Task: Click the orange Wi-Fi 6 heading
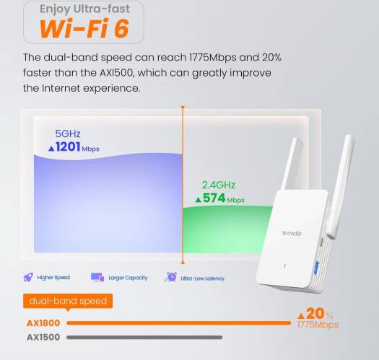coord(84,29)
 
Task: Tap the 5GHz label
coord(68,133)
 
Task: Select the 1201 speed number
coord(68,146)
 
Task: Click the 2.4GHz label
coord(219,185)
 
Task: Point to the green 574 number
coord(214,198)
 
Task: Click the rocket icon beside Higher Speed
coord(28,277)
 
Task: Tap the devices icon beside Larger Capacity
coord(97,277)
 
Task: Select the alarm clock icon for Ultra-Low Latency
coord(171,277)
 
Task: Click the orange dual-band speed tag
coord(68,301)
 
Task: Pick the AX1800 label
coord(43,323)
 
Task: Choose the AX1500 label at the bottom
coord(43,338)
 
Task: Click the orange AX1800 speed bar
coord(179,323)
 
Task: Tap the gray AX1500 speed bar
coord(144,338)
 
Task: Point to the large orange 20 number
coord(315,313)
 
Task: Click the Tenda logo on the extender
coord(291,233)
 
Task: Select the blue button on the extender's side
coord(317,268)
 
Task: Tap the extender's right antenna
coord(341,186)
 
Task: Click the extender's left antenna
coord(292,164)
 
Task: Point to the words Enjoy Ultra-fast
coord(84,9)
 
